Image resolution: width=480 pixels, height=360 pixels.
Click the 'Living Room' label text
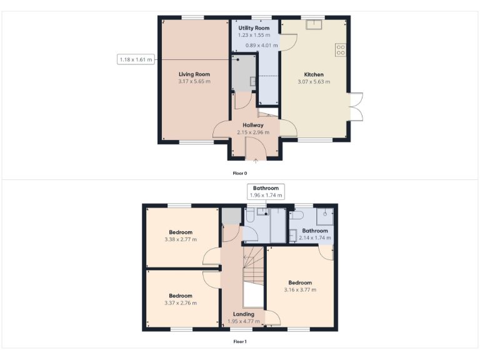(194, 74)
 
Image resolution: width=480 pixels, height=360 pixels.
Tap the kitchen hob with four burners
(341, 50)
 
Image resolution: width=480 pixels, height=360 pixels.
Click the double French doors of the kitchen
(356, 106)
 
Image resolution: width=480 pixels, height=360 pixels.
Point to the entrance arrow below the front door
(255, 161)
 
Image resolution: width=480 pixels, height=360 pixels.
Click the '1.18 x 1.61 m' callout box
(136, 59)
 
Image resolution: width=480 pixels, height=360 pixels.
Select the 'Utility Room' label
(254, 29)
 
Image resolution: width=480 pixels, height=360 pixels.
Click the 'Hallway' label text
(253, 125)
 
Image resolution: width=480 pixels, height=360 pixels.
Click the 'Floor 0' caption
(240, 173)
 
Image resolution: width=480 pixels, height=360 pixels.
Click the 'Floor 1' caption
(240, 342)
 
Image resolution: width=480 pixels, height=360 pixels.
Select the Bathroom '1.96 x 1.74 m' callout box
(266, 191)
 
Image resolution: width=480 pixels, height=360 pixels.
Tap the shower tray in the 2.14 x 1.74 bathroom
(325, 216)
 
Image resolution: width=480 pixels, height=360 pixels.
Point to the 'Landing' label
(243, 314)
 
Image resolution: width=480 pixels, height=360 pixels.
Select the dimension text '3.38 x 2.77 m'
(181, 239)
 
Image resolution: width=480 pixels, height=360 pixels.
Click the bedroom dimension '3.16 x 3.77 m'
(300, 290)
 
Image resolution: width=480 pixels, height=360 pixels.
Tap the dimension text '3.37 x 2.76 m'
(181, 302)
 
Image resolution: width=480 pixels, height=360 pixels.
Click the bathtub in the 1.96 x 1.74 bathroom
(277, 226)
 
